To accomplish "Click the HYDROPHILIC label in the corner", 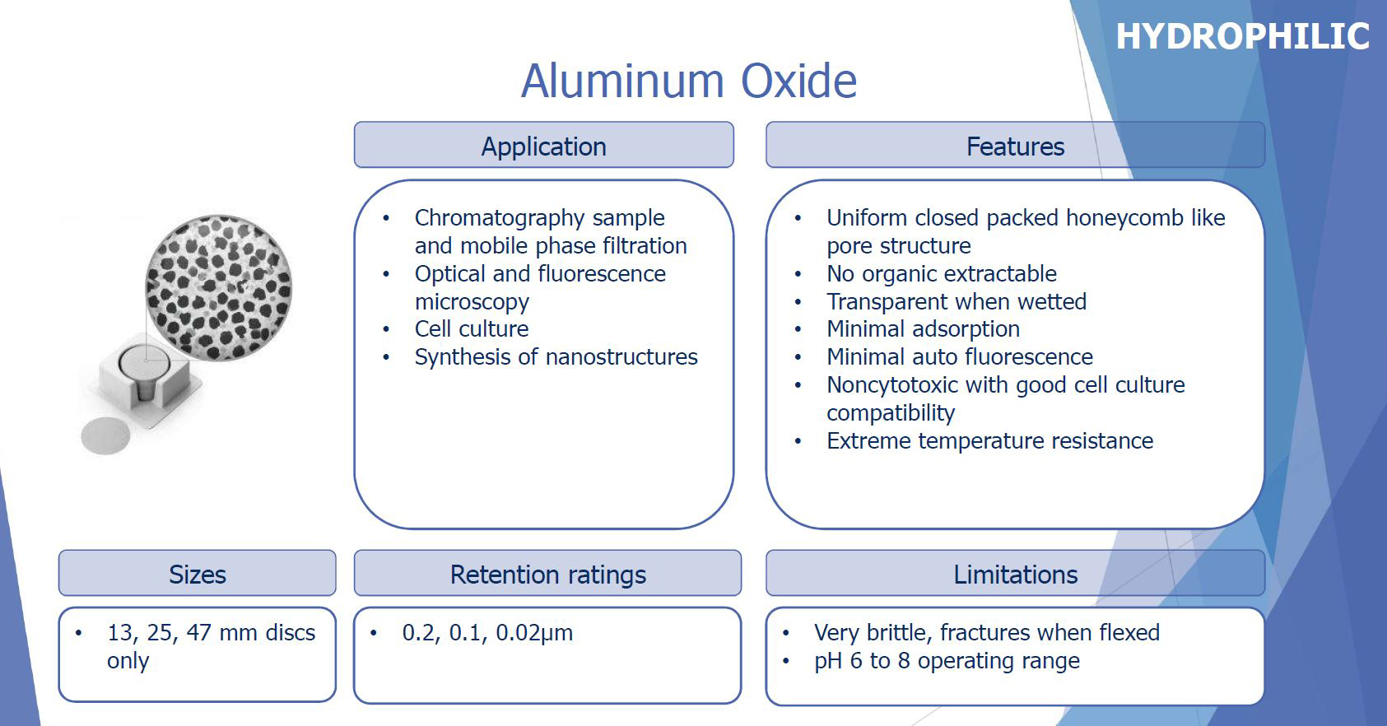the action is point(1242,36).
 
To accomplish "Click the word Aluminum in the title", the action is point(623,81).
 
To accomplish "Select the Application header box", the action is point(543,145).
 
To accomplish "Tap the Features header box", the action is point(1015,145).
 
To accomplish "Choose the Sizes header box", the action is point(198,573).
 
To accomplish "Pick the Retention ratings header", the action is point(547,573).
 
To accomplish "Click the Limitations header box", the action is point(1015,573).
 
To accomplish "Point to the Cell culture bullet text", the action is point(472,328).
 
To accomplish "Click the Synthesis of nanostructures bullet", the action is point(556,357).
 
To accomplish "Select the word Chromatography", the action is point(500,218).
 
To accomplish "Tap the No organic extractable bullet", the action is point(942,273).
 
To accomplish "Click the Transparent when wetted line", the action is point(956,301).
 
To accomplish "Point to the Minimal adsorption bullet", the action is point(924,329).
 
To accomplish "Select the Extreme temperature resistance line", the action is point(990,440).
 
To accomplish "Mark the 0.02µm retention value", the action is point(534,633).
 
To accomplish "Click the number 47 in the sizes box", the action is point(198,632).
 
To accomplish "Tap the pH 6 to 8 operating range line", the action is point(947,661).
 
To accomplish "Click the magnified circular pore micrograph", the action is point(219,288).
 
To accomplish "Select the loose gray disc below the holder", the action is point(106,436).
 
